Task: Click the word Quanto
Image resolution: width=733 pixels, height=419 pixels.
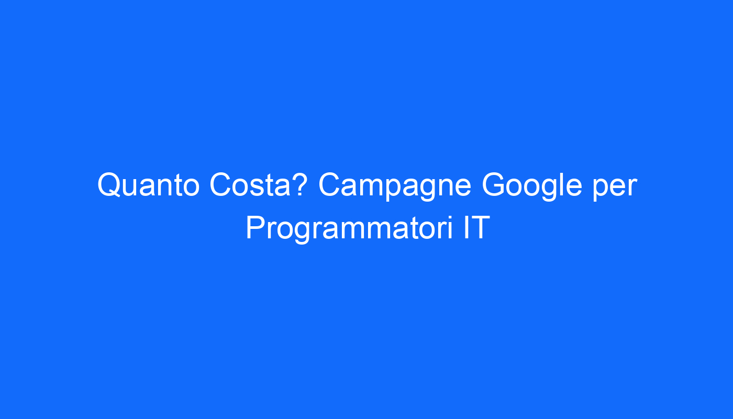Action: [149, 185]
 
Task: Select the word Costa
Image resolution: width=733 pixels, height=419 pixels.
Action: [250, 184]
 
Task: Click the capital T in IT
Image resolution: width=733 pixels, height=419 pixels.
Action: [480, 227]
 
